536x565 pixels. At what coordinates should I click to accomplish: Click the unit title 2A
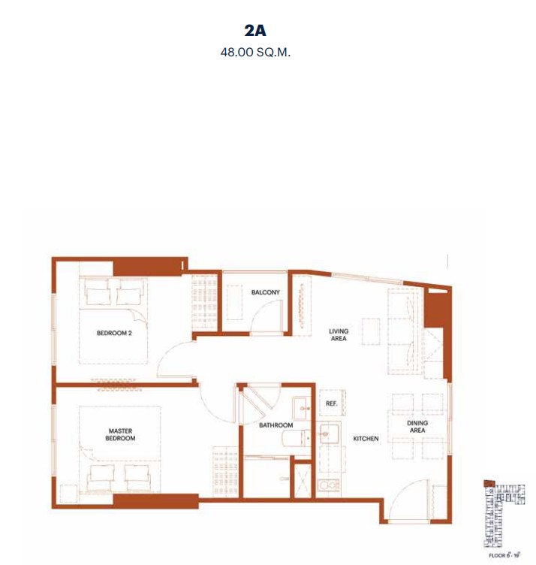tap(255, 31)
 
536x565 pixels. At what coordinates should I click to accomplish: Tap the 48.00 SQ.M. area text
tap(255, 53)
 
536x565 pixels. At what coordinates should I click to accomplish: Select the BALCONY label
tap(265, 292)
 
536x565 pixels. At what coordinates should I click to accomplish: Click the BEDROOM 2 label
tap(114, 334)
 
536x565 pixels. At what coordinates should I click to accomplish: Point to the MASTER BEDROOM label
tap(120, 434)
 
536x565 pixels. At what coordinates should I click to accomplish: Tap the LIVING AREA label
tap(339, 335)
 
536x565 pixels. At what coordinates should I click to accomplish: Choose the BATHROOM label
tap(276, 425)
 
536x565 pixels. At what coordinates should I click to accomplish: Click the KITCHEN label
tap(366, 439)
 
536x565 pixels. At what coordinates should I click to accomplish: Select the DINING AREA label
tap(417, 427)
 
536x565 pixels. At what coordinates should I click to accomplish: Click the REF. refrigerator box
tap(332, 403)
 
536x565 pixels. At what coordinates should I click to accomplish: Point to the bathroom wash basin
tap(302, 408)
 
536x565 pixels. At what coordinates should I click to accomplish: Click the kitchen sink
tap(329, 434)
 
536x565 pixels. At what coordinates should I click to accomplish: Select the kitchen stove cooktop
tap(329, 485)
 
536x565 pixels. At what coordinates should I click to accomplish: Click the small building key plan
tap(504, 514)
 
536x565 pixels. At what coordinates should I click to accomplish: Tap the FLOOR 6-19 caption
tap(504, 555)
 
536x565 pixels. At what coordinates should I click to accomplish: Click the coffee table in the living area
tap(371, 331)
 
